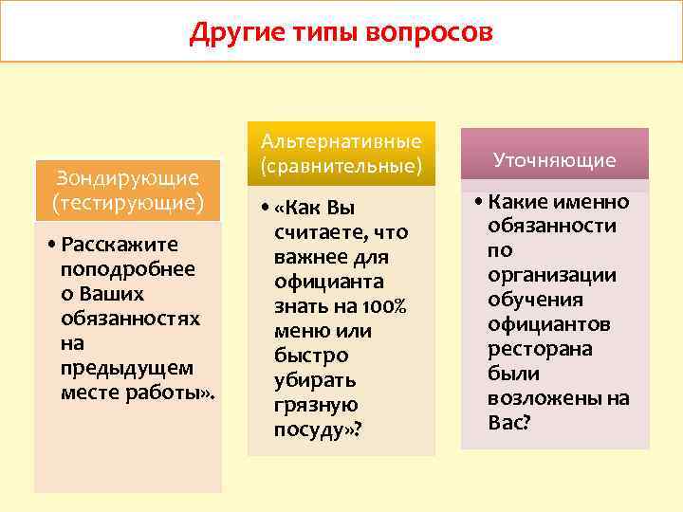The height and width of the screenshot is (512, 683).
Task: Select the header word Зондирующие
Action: pyautogui.click(x=127, y=177)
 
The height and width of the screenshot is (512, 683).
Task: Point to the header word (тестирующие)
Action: pyautogui.click(x=127, y=202)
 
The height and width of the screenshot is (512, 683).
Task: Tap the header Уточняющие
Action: pyautogui.click(x=555, y=160)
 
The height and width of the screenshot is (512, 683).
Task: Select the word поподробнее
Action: pyautogui.click(x=127, y=268)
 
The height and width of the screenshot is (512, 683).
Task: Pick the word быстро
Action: pyautogui.click(x=310, y=356)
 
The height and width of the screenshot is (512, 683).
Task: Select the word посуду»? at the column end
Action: pyautogui.click(x=318, y=430)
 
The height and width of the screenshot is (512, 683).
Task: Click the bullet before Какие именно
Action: pyautogui.click(x=478, y=202)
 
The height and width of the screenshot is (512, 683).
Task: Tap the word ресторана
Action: pyautogui.click(x=539, y=349)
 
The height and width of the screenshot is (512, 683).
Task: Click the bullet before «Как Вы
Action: pyautogui.click(x=265, y=208)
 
